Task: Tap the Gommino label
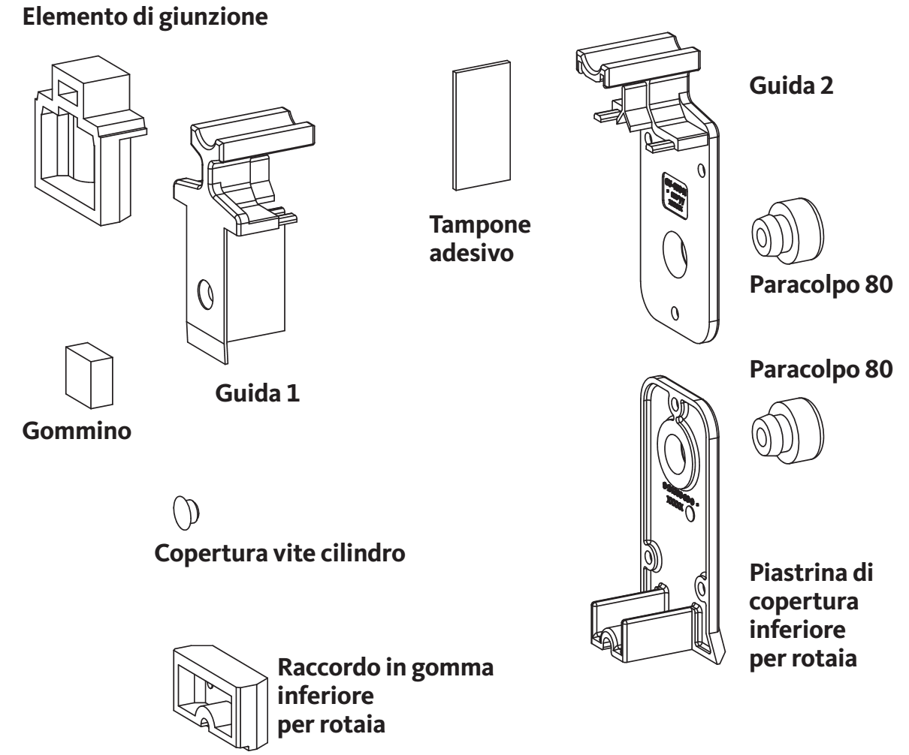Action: pyautogui.click(x=77, y=432)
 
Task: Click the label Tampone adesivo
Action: pyautogui.click(x=479, y=239)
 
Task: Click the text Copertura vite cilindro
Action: pyautogui.click(x=280, y=555)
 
